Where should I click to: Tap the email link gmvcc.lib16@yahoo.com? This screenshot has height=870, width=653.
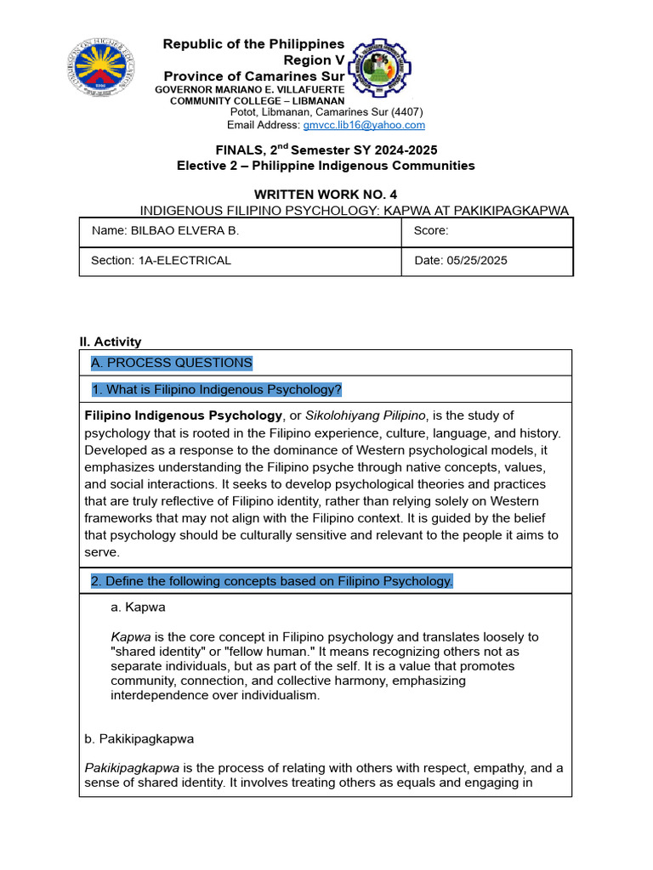[364, 125]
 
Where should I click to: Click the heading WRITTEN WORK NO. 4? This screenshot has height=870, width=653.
[326, 195]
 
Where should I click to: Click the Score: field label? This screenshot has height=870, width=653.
[431, 231]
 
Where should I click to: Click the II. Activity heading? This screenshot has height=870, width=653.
[111, 342]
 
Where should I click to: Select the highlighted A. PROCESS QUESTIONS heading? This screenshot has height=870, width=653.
[172, 363]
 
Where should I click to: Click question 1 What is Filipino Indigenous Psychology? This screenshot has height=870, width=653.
[217, 390]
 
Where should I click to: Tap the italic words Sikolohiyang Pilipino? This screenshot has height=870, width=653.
[367, 415]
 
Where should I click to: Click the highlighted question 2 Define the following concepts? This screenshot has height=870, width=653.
[272, 581]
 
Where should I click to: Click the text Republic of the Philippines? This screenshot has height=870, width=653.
[253, 44]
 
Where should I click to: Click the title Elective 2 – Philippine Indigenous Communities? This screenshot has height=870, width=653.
[326, 166]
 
